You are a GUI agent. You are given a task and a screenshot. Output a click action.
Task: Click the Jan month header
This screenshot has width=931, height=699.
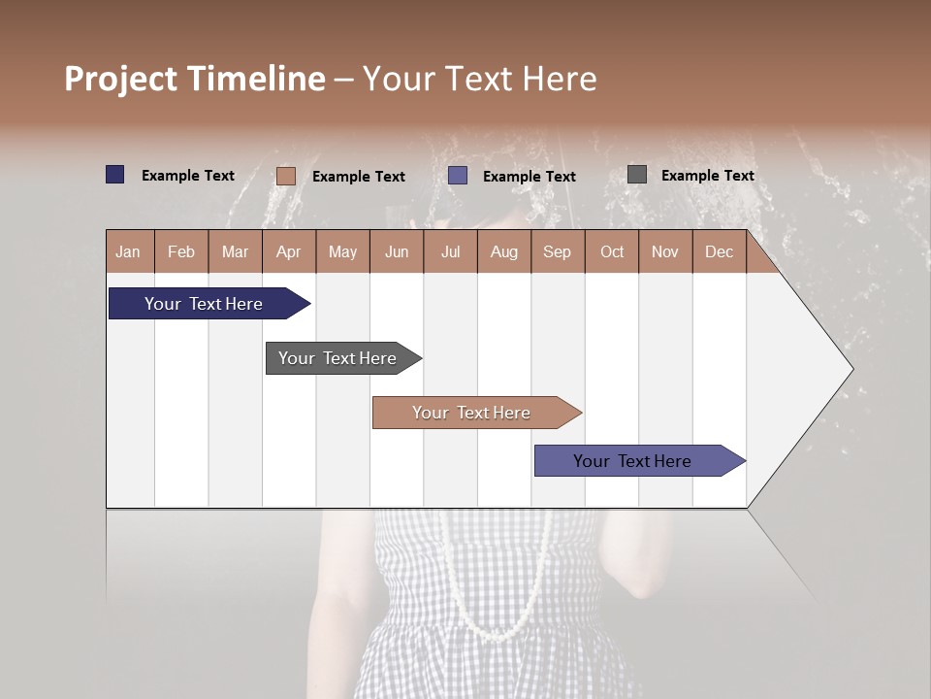tap(129, 251)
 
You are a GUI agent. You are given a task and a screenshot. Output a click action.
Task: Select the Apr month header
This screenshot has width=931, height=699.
tap(288, 251)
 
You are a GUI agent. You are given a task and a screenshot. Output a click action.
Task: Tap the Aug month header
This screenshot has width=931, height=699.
tap(503, 251)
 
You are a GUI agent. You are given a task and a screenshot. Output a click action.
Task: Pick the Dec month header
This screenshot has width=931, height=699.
tap(719, 251)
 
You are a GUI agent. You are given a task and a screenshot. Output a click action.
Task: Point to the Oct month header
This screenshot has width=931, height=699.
tap(611, 251)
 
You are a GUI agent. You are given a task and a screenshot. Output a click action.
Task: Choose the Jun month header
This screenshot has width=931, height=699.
tap(396, 251)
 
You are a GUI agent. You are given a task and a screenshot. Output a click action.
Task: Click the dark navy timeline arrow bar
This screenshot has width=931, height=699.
tap(204, 304)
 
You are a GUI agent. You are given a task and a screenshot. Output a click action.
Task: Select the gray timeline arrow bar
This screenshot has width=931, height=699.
tap(337, 358)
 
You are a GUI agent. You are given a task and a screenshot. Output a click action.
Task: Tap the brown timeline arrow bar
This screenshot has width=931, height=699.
tap(471, 413)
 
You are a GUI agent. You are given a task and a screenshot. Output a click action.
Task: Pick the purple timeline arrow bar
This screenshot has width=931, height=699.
tap(632, 461)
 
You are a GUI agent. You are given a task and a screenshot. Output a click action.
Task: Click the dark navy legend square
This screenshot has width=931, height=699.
tap(114, 175)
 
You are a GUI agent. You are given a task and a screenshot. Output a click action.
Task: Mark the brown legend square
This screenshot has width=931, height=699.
tap(285, 176)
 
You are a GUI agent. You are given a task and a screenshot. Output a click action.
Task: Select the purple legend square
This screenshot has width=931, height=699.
tap(458, 176)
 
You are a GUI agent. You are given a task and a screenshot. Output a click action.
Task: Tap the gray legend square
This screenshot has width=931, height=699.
tap(636, 175)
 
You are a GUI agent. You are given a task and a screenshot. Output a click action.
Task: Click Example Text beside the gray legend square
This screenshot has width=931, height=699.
tap(707, 175)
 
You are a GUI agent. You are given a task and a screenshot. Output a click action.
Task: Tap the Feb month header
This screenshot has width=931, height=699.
tap(180, 251)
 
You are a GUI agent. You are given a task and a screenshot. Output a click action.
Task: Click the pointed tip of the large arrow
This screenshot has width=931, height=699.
tap(851, 369)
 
